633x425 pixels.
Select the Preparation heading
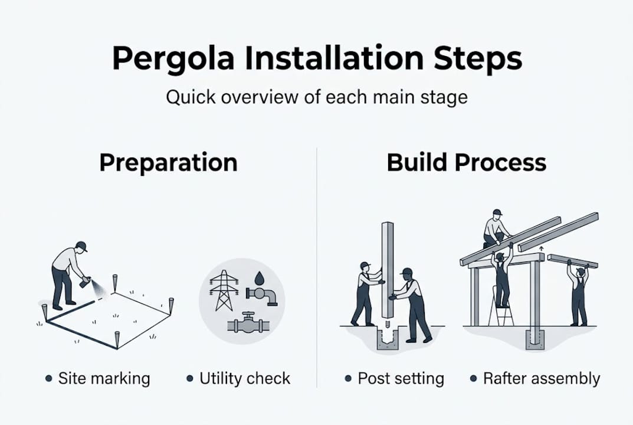(168, 162)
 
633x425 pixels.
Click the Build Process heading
(466, 162)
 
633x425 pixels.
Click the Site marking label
(104, 378)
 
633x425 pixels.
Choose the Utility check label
(245, 378)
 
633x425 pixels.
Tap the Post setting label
(401, 378)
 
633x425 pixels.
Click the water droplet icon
(260, 277)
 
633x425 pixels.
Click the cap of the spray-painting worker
(81, 246)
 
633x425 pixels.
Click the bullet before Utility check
(189, 378)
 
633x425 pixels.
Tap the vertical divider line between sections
(317, 266)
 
